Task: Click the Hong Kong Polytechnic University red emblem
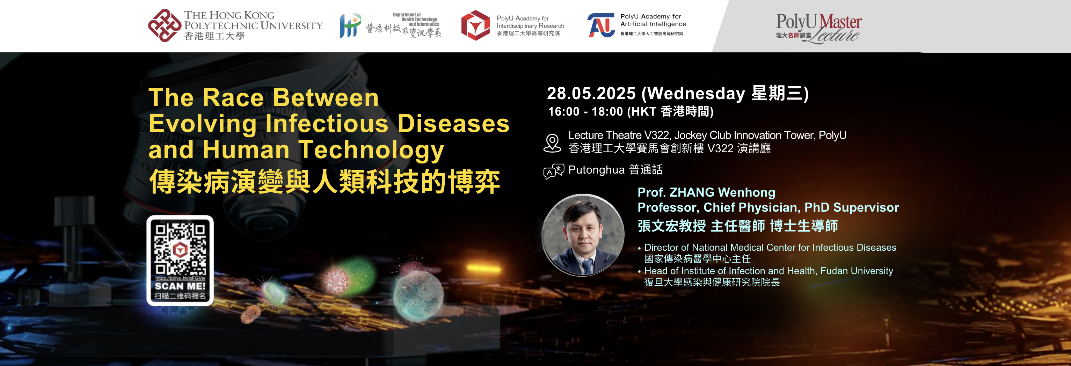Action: pyautogui.click(x=165, y=25)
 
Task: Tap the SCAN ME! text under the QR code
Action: pyautogui.click(x=180, y=286)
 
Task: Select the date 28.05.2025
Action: pyautogui.click(x=591, y=94)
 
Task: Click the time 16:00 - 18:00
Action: pyautogui.click(x=585, y=111)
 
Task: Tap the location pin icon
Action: pyautogui.click(x=552, y=143)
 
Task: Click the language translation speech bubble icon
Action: pyautogui.click(x=553, y=171)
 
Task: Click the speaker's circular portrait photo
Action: pyautogui.click(x=583, y=235)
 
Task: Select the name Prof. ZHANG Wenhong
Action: pyautogui.click(x=706, y=192)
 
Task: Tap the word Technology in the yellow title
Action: pyautogui.click(x=371, y=150)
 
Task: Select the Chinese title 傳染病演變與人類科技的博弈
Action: pyautogui.click(x=324, y=182)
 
